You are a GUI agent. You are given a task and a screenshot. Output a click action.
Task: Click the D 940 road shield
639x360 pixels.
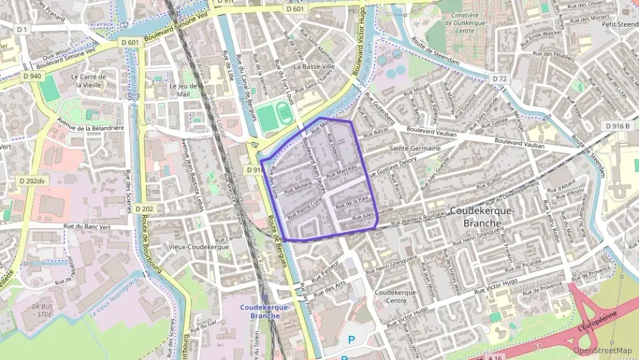[x=31, y=76]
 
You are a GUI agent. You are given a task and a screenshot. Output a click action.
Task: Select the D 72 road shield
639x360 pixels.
[x=500, y=79]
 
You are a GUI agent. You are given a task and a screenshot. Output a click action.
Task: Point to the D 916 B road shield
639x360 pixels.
[x=617, y=125]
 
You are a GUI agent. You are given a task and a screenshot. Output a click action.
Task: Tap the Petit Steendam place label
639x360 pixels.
[x=619, y=24]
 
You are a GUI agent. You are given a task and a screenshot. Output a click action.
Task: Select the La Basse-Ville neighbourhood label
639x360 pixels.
[x=314, y=67]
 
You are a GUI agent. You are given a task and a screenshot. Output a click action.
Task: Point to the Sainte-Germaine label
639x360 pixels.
[x=413, y=148]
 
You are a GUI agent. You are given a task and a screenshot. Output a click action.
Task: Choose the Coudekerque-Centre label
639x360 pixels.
[x=396, y=296]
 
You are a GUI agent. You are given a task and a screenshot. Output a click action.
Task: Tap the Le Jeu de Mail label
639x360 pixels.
[x=182, y=91]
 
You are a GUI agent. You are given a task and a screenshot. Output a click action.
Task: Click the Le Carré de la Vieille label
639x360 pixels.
[x=94, y=81]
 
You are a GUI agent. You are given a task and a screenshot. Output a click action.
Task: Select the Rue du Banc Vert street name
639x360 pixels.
[x=86, y=225]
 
